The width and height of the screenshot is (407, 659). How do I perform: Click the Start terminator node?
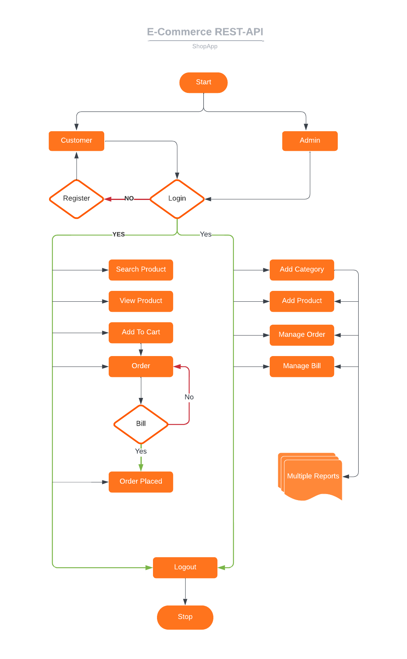click(203, 82)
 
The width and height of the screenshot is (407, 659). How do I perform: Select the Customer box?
click(76, 141)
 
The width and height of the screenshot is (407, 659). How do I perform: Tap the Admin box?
click(310, 141)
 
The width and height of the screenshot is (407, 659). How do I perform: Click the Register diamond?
click(76, 199)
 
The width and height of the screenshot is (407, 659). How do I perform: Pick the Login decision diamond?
click(177, 199)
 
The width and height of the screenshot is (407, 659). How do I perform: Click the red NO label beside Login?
click(129, 198)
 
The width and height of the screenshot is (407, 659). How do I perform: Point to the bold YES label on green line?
click(118, 234)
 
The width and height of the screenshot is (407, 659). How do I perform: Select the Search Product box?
click(141, 270)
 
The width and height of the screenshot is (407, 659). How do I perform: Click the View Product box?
click(141, 301)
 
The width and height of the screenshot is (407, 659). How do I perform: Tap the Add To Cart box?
click(141, 332)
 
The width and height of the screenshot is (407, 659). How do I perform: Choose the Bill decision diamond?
click(141, 424)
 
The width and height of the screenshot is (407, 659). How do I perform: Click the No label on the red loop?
click(189, 397)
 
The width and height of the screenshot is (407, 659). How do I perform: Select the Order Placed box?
click(141, 482)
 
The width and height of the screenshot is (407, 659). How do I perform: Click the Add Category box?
click(302, 270)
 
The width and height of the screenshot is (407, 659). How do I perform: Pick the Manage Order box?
click(302, 335)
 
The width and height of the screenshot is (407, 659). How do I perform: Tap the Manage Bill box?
click(302, 366)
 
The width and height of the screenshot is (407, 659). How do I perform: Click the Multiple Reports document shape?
click(312, 476)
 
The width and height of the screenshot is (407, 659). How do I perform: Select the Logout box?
click(185, 567)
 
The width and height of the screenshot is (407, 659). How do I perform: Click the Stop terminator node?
click(185, 617)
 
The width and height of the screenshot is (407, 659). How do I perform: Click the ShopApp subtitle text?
click(205, 46)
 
